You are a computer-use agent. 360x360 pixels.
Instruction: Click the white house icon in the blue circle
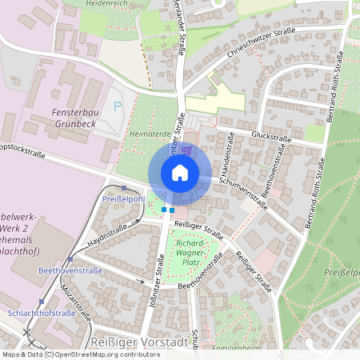pyautogui.click(x=179, y=172)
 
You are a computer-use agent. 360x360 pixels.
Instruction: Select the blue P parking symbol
pyautogui.click(x=118, y=106)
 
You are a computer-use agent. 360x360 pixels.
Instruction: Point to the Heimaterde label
pyautogui.click(x=146, y=134)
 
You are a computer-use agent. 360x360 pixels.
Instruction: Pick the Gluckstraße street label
pyautogui.click(x=271, y=137)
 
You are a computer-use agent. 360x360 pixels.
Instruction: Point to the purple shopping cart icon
pyautogui.click(x=186, y=149)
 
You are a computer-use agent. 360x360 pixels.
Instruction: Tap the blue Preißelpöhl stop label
pyautogui.click(x=122, y=198)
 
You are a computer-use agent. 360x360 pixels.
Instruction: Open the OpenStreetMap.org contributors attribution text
pyautogui.click(x=104, y=354)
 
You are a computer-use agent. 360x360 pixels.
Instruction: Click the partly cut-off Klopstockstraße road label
pyautogui.click(x=23, y=150)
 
